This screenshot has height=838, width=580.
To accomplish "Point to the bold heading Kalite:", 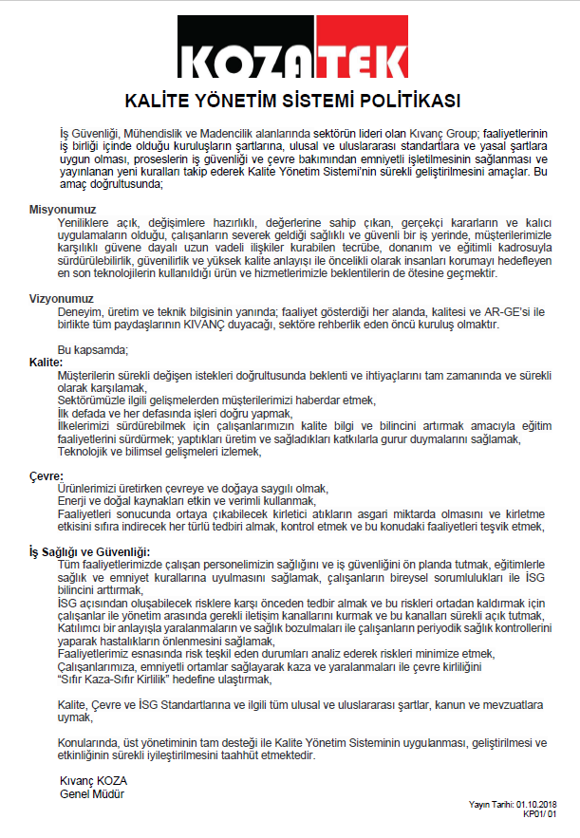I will point(45,363).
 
